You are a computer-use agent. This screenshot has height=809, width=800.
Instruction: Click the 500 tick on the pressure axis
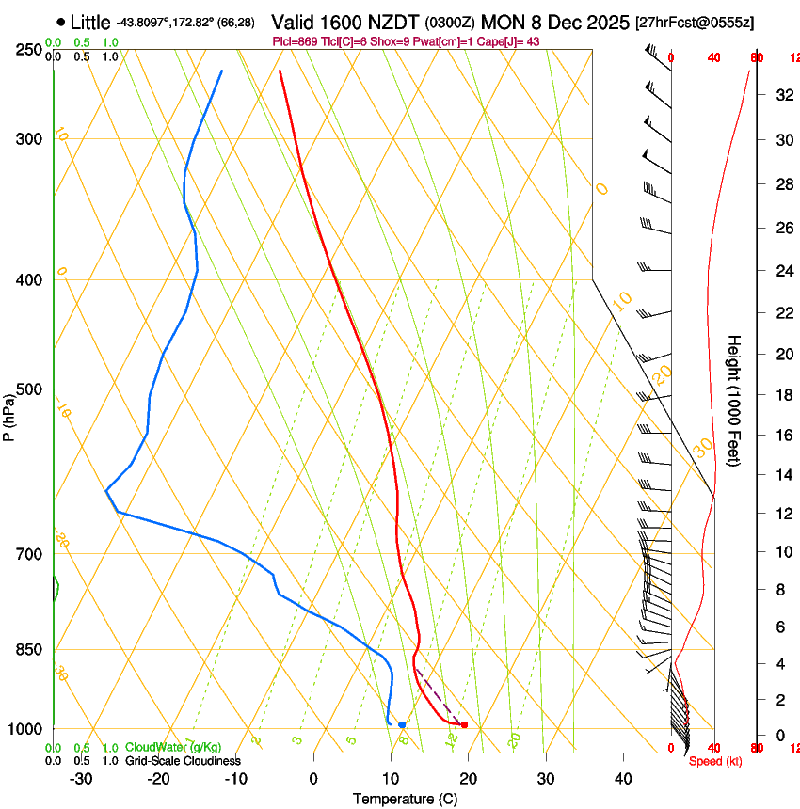coord(30,389)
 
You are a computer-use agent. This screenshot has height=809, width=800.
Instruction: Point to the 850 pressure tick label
coord(30,650)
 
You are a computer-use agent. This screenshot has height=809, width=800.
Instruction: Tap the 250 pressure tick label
coord(30,49)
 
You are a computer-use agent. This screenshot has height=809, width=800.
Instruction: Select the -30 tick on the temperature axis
coord(81,779)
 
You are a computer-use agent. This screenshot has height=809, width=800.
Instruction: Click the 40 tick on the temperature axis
coord(623,779)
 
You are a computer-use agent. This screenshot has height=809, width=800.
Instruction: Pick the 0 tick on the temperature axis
coord(313,779)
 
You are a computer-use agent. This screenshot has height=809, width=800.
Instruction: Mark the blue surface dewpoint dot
coord(402,724)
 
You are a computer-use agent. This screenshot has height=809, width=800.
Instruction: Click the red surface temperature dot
coord(464,724)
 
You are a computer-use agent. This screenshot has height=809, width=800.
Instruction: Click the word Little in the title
coord(90,23)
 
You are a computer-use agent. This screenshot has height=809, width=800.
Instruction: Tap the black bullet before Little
coord(61,22)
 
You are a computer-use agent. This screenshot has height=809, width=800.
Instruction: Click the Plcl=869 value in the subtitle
coord(296,41)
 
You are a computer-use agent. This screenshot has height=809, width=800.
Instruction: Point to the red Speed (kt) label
coord(714,761)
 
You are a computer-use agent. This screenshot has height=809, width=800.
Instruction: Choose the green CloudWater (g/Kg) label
coord(173,747)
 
